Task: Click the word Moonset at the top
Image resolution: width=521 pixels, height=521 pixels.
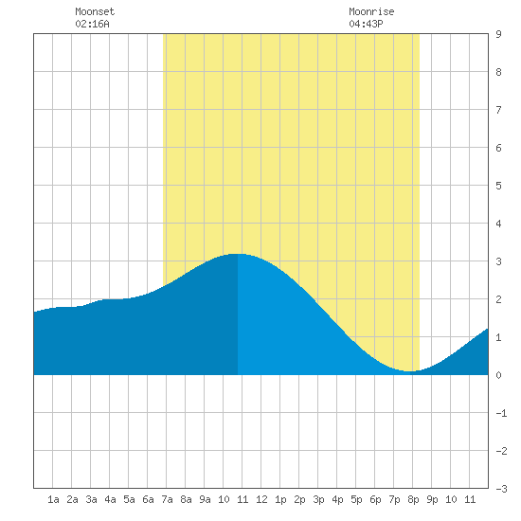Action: coord(95,11)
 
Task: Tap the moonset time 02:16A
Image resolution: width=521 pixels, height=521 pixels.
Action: coord(92,24)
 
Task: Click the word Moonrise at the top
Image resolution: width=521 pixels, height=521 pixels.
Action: coord(371,11)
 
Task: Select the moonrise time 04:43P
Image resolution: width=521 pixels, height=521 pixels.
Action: coord(366,24)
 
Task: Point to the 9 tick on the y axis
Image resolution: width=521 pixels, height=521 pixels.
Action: coord(498,34)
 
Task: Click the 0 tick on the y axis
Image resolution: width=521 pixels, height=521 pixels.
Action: coord(498,375)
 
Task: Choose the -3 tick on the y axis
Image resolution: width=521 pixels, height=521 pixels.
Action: coord(501,489)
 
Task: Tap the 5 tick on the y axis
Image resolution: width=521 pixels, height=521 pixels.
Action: coord(498,186)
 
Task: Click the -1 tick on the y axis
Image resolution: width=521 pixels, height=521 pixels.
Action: coord(501,413)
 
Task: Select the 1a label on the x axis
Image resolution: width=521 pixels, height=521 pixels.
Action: coord(53,499)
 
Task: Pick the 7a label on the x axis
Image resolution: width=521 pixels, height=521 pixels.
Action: coord(167,499)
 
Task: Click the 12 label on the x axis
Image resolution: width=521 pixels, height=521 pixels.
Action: coord(261,499)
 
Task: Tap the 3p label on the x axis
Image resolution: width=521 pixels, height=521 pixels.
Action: coord(318,499)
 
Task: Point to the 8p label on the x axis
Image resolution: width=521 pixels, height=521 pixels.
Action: coord(413,499)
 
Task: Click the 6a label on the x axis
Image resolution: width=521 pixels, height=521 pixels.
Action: coord(148,499)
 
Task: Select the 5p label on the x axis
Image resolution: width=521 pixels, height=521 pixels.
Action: coord(356,499)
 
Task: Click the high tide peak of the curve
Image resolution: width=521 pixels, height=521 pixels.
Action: coord(237,254)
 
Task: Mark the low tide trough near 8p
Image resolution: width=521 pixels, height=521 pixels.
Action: coord(410,371)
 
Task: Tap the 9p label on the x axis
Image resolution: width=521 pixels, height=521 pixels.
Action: coord(432,499)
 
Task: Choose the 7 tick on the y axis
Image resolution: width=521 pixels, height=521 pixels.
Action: coord(498,110)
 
